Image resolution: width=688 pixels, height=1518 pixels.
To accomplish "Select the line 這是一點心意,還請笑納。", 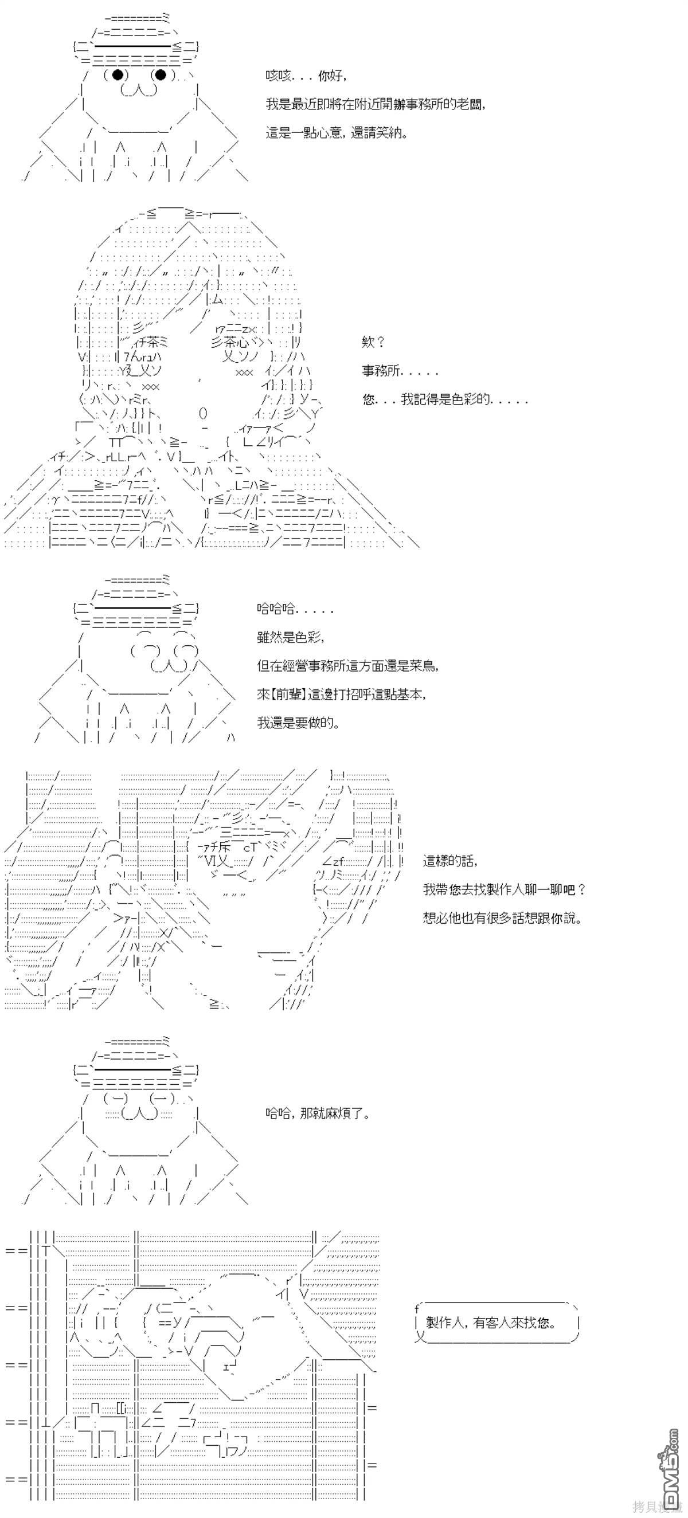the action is click(x=336, y=132).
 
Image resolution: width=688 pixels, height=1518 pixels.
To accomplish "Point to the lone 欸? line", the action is click(x=373, y=341).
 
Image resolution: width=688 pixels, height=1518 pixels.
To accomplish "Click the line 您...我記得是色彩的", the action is click(x=444, y=399).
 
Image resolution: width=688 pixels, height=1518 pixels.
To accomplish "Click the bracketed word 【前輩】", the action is click(x=290, y=693).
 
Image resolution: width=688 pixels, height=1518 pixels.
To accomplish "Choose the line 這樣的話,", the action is click(x=451, y=861).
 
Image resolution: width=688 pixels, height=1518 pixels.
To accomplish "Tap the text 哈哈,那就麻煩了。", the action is click(x=318, y=1113).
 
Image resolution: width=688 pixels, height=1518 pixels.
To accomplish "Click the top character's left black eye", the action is click(x=118, y=75).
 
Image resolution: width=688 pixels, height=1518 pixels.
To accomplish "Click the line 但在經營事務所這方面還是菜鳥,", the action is click(x=348, y=665).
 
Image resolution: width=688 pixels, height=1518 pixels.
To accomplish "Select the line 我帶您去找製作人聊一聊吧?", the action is click(x=505, y=889).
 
